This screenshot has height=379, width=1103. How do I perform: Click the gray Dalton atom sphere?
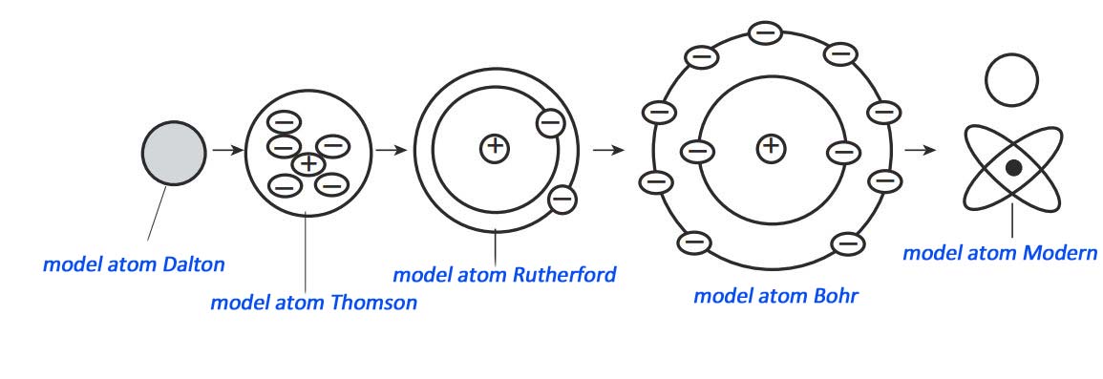coord(173,152)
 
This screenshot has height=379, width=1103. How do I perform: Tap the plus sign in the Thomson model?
coord(308,163)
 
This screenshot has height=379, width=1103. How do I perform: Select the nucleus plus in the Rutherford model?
coord(495,147)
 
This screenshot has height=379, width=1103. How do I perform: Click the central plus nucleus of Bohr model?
coord(771,147)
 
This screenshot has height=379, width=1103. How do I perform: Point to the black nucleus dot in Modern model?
coord(1013,168)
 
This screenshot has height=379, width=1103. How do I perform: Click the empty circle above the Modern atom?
coord(1010,79)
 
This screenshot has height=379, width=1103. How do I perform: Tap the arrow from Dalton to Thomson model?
coord(225,150)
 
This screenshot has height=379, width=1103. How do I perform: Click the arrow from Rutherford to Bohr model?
coord(608,150)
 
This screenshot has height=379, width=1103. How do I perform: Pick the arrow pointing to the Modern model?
coord(920,150)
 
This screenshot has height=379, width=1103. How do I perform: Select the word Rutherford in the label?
coord(563,275)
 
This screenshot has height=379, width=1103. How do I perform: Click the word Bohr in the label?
coord(832,295)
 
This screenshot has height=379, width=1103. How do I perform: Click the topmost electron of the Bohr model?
coord(766,33)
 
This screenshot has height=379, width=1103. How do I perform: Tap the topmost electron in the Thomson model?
coord(285,122)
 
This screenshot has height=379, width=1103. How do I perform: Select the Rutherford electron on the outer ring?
coord(562,199)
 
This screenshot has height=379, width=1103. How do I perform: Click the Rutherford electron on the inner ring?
coord(550,122)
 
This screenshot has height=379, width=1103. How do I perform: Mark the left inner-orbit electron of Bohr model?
coord(698,151)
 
